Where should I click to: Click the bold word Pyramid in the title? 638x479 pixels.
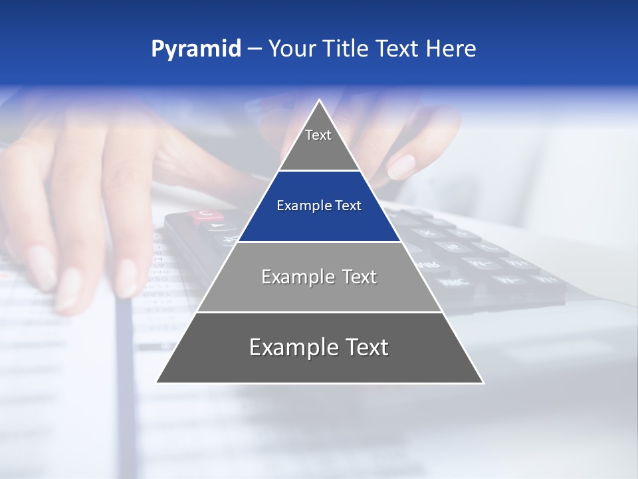click(x=195, y=49)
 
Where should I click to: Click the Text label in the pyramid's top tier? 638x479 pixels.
click(x=318, y=135)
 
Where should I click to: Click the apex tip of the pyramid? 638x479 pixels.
click(x=320, y=100)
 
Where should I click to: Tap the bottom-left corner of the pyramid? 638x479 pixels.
click(x=157, y=383)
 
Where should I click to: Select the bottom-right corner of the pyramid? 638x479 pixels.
click(x=482, y=383)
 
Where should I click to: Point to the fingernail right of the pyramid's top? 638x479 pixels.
click(x=401, y=166)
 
